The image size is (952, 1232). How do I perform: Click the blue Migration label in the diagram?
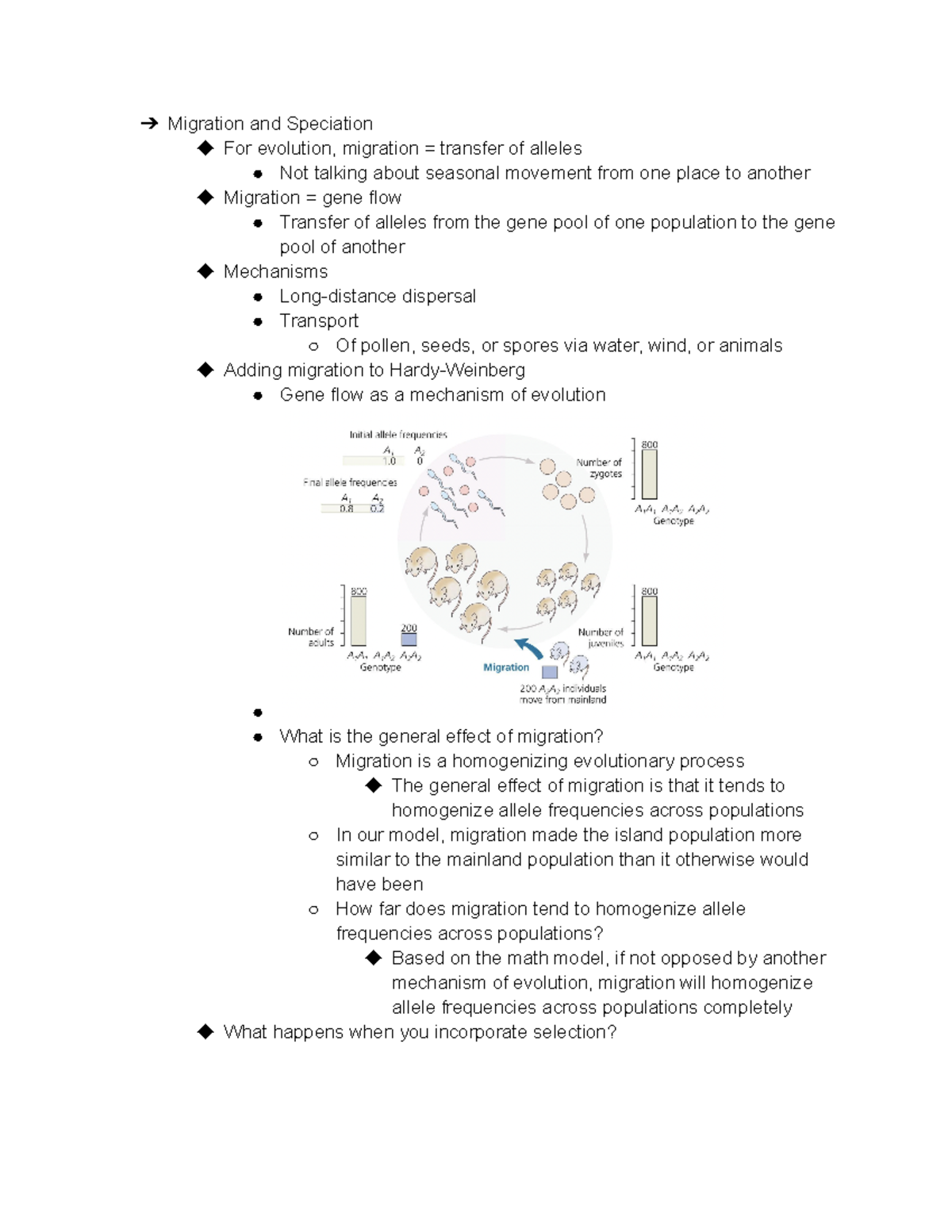click(x=506, y=667)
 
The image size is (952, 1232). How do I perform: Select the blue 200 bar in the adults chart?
click(x=409, y=639)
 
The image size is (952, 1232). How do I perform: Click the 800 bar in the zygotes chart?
click(x=649, y=474)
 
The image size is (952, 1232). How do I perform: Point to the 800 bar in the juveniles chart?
click(x=649, y=621)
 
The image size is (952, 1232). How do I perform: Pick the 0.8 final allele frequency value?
click(x=347, y=509)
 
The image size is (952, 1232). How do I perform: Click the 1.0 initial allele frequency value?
click(x=389, y=461)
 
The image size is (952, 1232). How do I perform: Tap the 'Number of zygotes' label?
click(x=600, y=468)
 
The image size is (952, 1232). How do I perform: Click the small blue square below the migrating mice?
click(x=549, y=672)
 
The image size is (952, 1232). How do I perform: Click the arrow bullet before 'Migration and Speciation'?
click(x=148, y=124)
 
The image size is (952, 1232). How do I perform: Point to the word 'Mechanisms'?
click(x=275, y=272)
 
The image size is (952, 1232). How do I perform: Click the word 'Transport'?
click(x=319, y=321)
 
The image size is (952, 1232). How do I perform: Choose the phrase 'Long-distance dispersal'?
click(x=378, y=297)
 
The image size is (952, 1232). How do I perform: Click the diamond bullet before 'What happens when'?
click(x=206, y=1031)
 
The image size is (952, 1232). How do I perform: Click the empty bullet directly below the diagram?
click(x=258, y=712)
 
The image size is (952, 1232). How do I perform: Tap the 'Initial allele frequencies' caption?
click(x=398, y=435)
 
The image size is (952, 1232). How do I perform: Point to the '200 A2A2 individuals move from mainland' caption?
click(x=562, y=694)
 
